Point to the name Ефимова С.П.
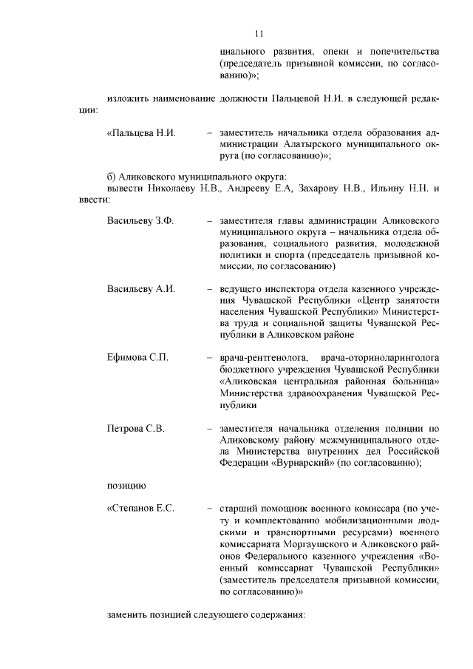[137, 358]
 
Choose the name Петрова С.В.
[135, 428]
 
